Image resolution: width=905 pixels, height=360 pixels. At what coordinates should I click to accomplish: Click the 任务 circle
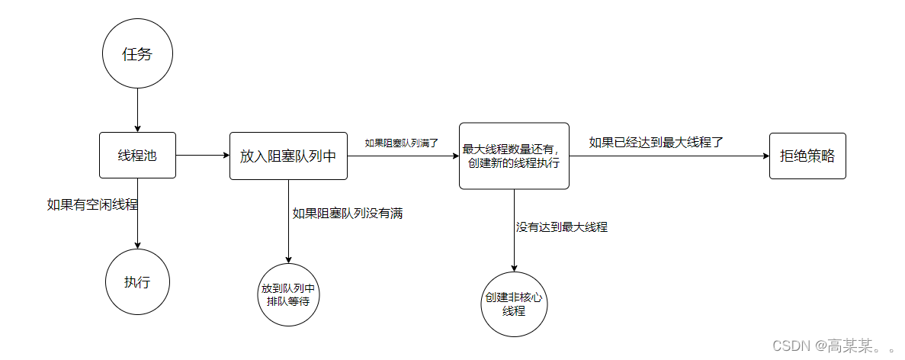coord(137,54)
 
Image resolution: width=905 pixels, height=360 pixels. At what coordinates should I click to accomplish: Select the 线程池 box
coord(137,156)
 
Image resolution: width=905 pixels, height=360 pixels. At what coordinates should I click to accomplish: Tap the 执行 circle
coord(137,281)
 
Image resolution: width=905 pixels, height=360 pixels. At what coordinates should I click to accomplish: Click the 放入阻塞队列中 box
coord(288,156)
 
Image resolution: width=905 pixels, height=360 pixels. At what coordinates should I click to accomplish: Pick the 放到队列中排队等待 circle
coord(288,295)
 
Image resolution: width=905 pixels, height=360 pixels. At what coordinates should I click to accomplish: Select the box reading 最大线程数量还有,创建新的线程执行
coord(514,156)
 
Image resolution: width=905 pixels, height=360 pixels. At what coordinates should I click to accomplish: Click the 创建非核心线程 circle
coord(514,304)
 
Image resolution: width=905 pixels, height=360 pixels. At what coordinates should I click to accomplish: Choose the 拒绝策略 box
coord(807,156)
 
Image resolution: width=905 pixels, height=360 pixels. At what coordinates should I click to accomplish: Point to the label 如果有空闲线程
coord(93,204)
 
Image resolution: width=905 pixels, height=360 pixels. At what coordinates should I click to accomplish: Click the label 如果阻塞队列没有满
coord(347,214)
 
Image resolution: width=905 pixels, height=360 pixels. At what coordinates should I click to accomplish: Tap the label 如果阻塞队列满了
coord(401,142)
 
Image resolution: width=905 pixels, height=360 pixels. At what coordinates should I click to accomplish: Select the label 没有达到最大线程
coord(562,227)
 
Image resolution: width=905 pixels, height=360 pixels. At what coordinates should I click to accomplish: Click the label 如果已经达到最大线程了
coord(656,142)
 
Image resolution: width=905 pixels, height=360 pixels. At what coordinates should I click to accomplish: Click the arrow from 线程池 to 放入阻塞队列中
coord(203,156)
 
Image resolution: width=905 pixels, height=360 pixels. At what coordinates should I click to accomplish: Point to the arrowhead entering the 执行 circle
coord(137,244)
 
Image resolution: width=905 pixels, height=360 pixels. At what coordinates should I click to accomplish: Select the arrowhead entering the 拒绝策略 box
coord(765,156)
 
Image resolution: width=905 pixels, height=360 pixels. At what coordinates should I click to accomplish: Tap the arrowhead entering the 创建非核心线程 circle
coord(514,267)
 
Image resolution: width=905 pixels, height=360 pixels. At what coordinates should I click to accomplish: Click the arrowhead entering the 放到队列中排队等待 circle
coord(288,259)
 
